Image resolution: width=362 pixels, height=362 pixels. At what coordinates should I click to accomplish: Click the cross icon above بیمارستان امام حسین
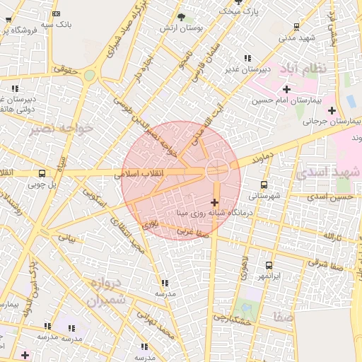[286, 89]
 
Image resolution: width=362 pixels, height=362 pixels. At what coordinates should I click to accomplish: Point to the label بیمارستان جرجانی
[322, 121]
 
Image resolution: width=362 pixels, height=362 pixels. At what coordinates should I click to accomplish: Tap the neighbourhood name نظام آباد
[303, 69]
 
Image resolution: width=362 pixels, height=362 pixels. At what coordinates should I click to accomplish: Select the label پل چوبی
[41, 185]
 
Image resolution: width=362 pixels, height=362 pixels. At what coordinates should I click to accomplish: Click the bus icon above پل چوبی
[42, 173]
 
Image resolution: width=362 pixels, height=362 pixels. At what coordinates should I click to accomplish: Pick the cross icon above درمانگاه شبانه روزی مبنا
[215, 202]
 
